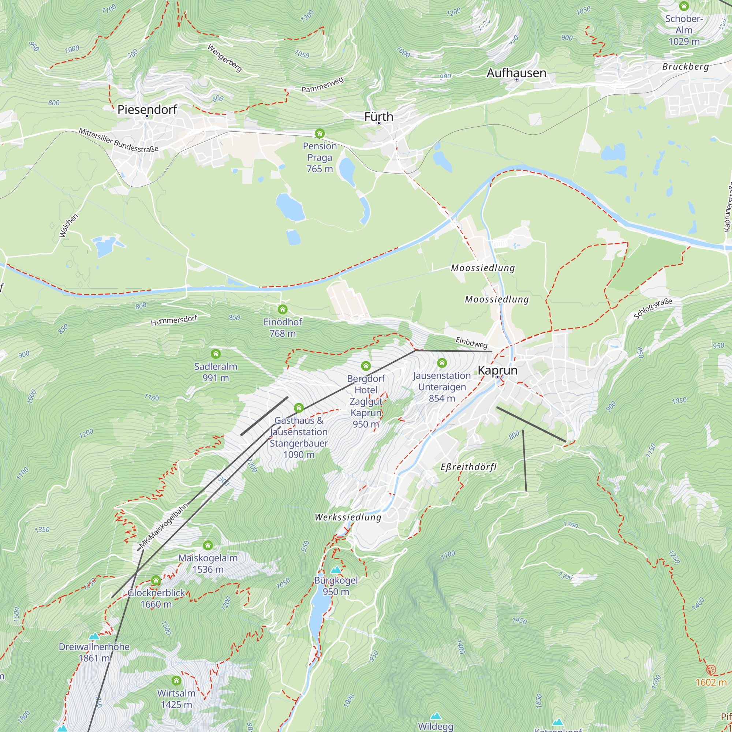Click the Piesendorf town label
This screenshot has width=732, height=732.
(147, 109)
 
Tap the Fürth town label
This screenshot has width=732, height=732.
(378, 117)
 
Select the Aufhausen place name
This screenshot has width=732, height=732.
(516, 73)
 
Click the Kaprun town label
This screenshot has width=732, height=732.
(497, 370)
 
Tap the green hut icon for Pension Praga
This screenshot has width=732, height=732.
(320, 133)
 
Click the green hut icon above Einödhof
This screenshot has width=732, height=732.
(283, 309)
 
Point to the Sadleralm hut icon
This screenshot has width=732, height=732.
(216, 354)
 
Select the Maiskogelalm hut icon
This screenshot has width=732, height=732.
(208, 545)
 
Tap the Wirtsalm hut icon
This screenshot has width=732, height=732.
(176, 680)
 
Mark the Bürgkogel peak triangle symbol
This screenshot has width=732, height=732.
(336, 570)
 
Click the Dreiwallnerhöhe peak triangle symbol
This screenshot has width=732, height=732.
(94, 636)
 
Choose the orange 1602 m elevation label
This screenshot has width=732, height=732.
(711, 682)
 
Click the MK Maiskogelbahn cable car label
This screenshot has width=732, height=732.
(163, 526)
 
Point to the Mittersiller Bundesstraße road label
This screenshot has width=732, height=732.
(118, 140)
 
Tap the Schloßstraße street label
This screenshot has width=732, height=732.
(653, 309)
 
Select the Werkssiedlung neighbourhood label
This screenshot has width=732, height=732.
(348, 517)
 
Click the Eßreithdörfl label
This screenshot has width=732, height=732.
(468, 467)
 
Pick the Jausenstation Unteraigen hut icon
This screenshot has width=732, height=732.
(442, 363)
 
